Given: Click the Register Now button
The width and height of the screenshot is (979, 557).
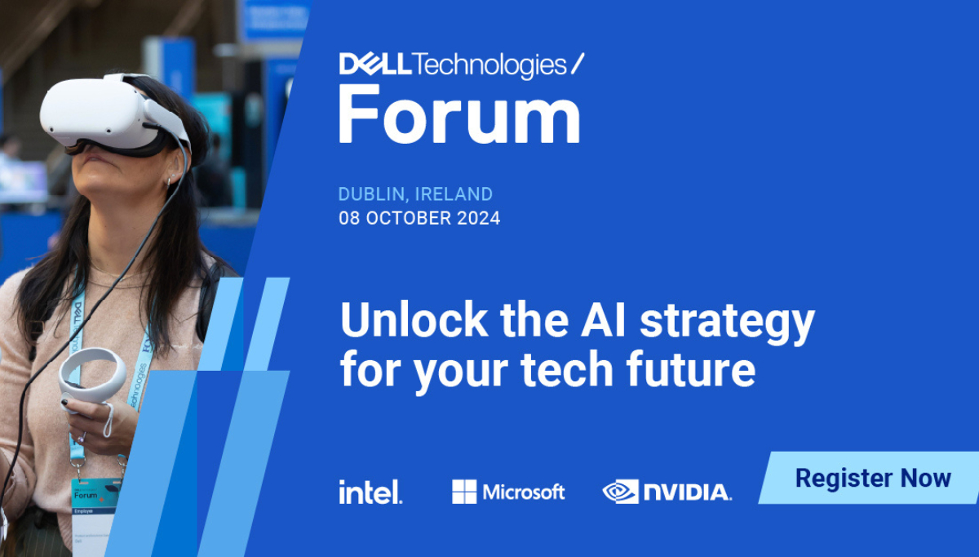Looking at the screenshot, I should click(x=872, y=478).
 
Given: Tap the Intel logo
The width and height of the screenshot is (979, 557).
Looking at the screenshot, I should click(x=370, y=492).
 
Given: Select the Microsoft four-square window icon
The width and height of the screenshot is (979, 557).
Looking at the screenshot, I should click(x=464, y=492).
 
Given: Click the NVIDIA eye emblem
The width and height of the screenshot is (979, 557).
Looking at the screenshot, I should click(x=620, y=492).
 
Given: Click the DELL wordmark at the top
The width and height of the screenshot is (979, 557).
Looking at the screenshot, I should click(x=376, y=64).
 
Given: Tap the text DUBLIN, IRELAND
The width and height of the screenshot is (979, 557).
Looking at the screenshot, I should click(x=415, y=194).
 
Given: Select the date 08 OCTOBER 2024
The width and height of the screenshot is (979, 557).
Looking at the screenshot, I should click(x=419, y=219).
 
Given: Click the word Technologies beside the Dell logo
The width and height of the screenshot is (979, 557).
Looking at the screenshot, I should click(x=489, y=64).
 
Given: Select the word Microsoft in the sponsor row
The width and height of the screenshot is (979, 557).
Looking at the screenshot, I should click(x=523, y=492).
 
